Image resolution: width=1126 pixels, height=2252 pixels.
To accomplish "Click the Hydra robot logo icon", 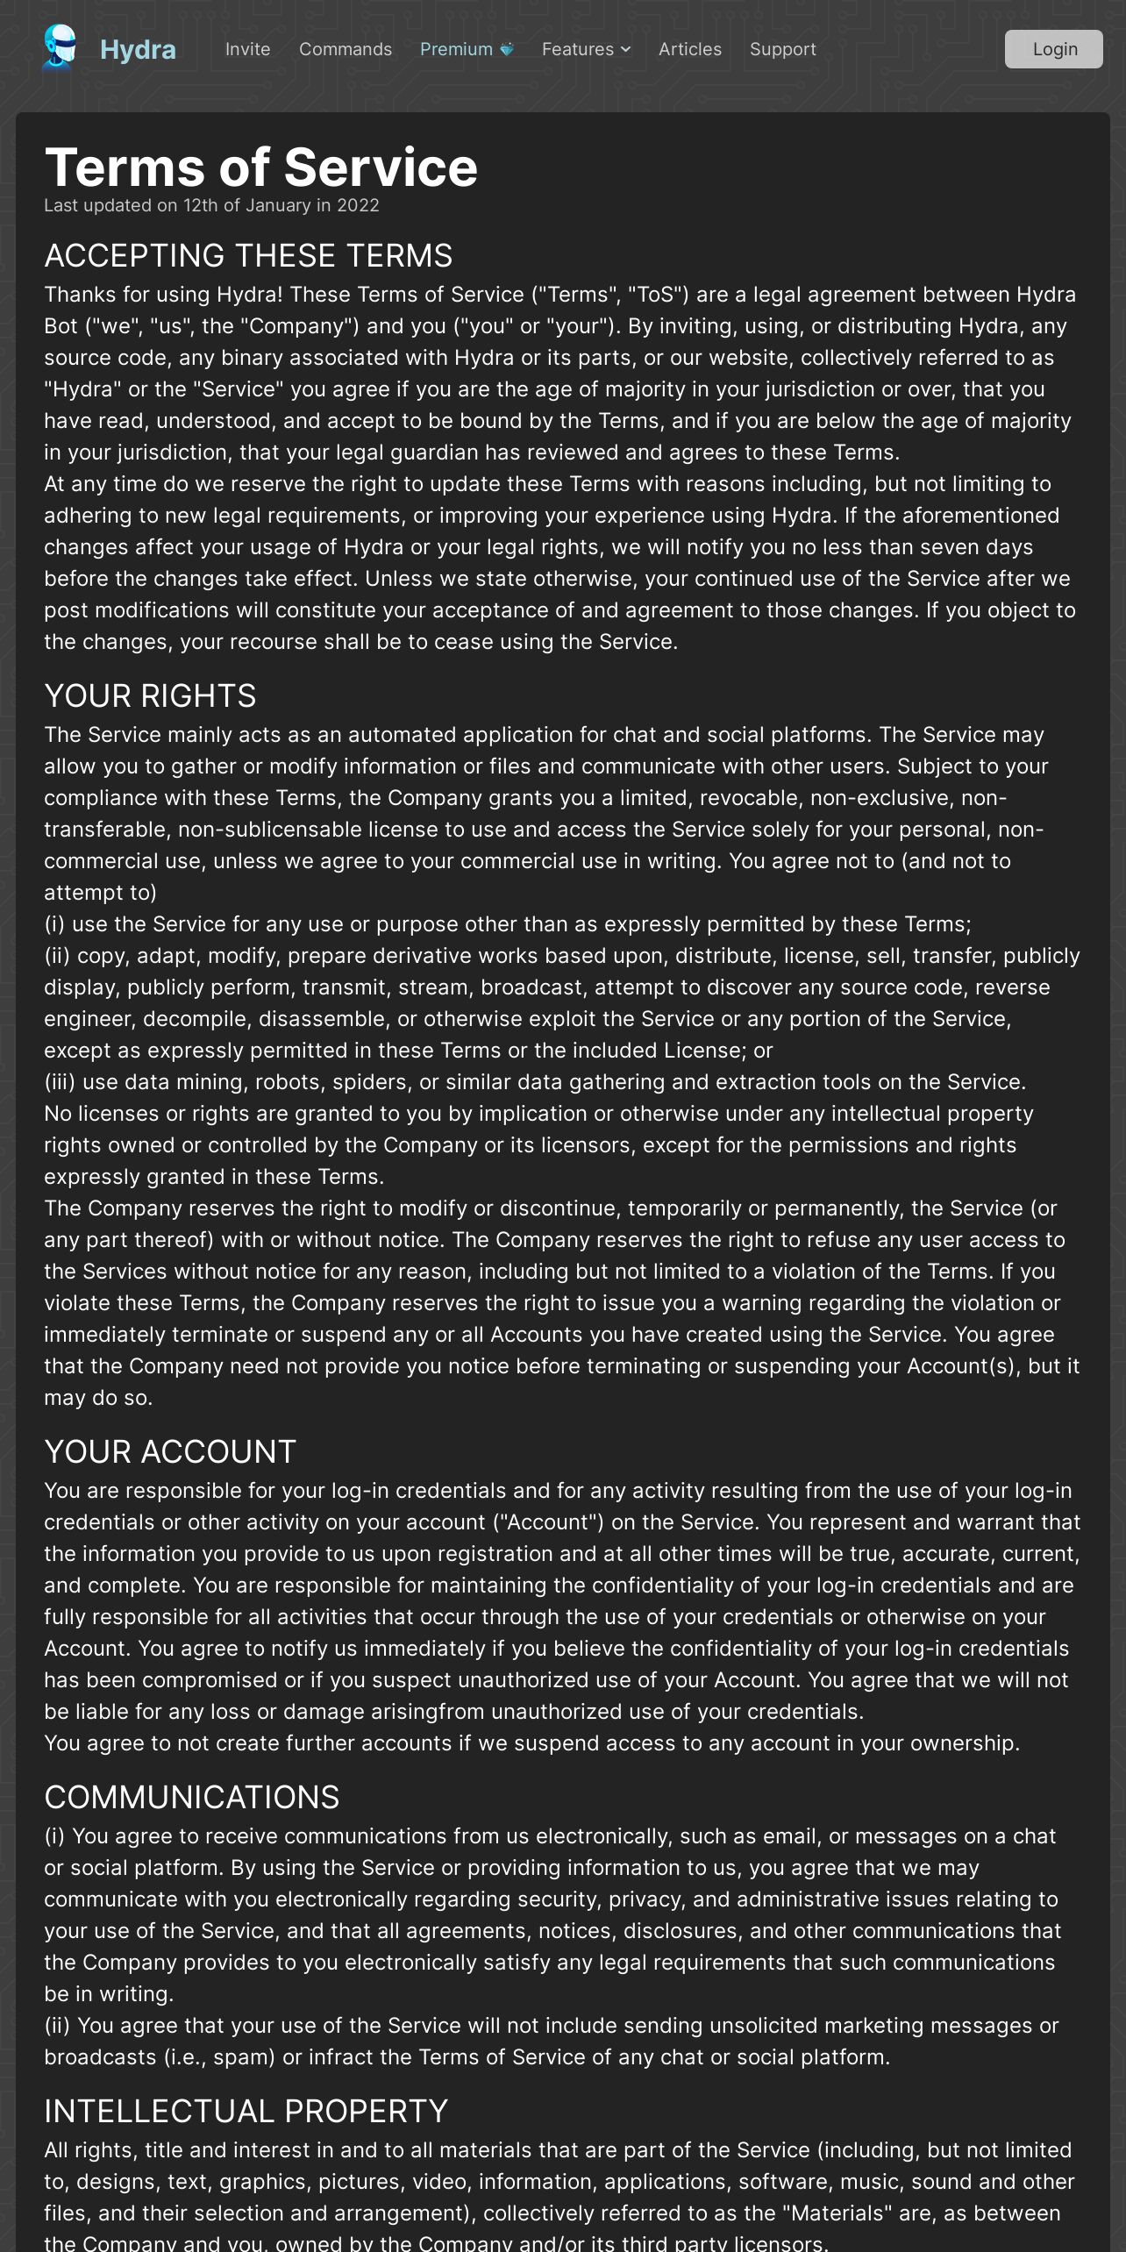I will (60, 47).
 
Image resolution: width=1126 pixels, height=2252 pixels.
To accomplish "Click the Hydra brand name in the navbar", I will (138, 50).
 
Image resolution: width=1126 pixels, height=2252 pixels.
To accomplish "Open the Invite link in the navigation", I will (247, 50).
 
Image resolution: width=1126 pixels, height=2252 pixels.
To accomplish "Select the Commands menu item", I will (346, 50).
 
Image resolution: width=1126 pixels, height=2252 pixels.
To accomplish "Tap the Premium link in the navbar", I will (456, 50).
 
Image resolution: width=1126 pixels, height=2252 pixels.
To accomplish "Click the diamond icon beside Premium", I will (507, 50).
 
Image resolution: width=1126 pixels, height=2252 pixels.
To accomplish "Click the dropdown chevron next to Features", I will (625, 50).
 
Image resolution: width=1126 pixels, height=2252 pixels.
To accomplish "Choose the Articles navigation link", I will (690, 50).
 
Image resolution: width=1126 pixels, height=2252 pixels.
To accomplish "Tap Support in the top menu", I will (782, 50).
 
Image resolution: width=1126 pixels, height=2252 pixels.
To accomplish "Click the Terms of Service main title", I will (261, 167).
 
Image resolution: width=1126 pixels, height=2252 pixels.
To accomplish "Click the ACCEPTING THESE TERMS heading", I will (248, 256).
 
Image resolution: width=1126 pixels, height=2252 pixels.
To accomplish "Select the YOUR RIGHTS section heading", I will (150, 696).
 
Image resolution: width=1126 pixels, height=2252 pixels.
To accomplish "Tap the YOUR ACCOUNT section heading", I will (170, 1452).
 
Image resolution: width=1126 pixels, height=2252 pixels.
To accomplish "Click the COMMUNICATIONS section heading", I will (191, 1798).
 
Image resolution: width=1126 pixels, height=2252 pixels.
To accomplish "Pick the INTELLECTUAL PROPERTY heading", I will (246, 2112).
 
